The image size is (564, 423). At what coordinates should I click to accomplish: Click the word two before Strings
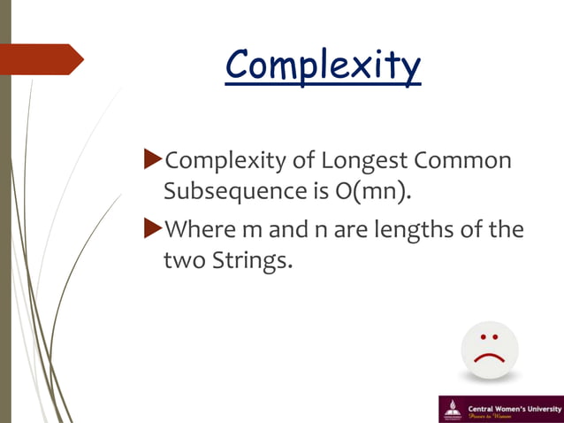click(183, 260)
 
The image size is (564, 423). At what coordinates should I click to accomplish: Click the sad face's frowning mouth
click(489, 358)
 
